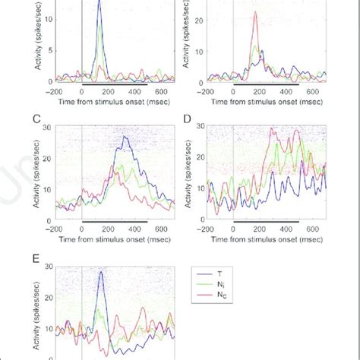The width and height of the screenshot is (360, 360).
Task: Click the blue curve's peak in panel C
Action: click(x=125, y=137)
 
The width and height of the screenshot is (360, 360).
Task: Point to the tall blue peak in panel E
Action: click(x=100, y=272)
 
